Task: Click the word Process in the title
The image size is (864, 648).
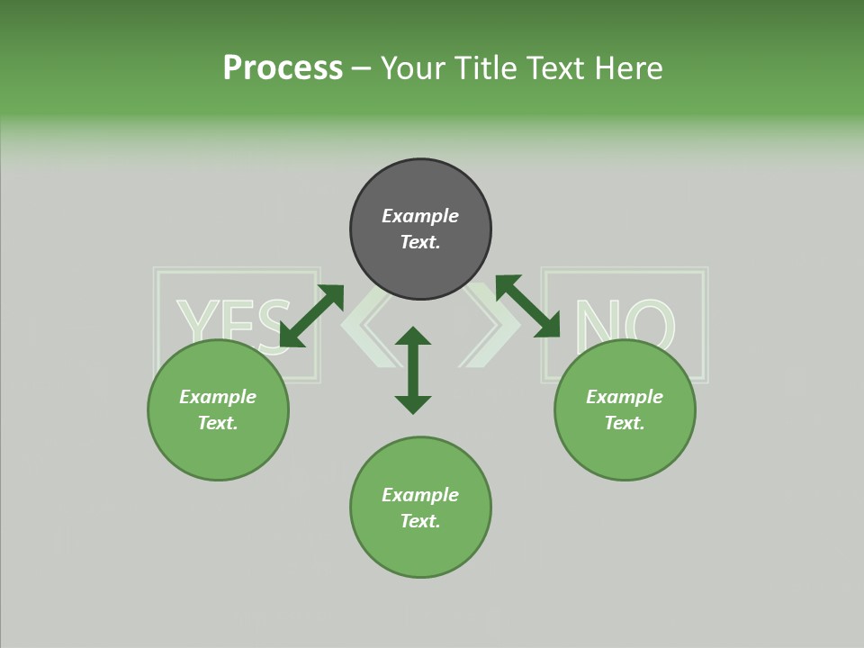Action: (283, 68)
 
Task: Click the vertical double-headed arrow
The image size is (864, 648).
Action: (413, 371)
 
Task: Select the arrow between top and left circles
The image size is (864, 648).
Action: (311, 316)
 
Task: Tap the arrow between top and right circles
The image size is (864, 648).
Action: (527, 306)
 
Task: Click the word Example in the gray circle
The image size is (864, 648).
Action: (420, 216)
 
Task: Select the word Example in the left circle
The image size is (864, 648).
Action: (218, 397)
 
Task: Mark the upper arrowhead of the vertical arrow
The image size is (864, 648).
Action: (413, 337)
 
